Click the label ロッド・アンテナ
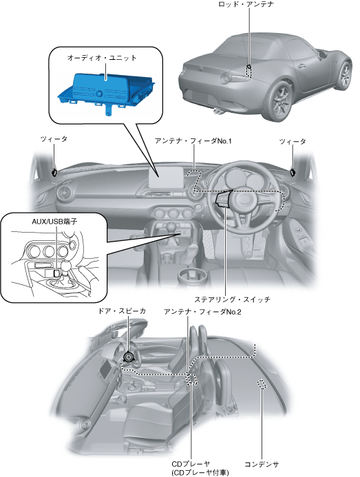[x=246, y=4]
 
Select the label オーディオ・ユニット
[x=102, y=58]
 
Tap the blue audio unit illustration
[x=107, y=91]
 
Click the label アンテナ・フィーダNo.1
[x=193, y=141]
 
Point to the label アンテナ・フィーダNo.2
[x=202, y=312]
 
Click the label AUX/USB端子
[x=54, y=222]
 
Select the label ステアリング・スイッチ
[x=232, y=299]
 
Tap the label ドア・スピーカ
[x=121, y=311]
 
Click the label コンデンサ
[x=262, y=464]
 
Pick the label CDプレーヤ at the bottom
[x=191, y=464]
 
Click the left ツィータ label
[x=54, y=139]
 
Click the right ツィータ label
[x=293, y=142]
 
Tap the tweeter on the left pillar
[x=55, y=172]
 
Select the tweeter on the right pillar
[x=293, y=172]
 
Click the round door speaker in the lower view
[x=129, y=357]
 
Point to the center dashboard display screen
[x=166, y=178]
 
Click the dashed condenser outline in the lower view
[x=262, y=384]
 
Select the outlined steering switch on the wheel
[x=224, y=199]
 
